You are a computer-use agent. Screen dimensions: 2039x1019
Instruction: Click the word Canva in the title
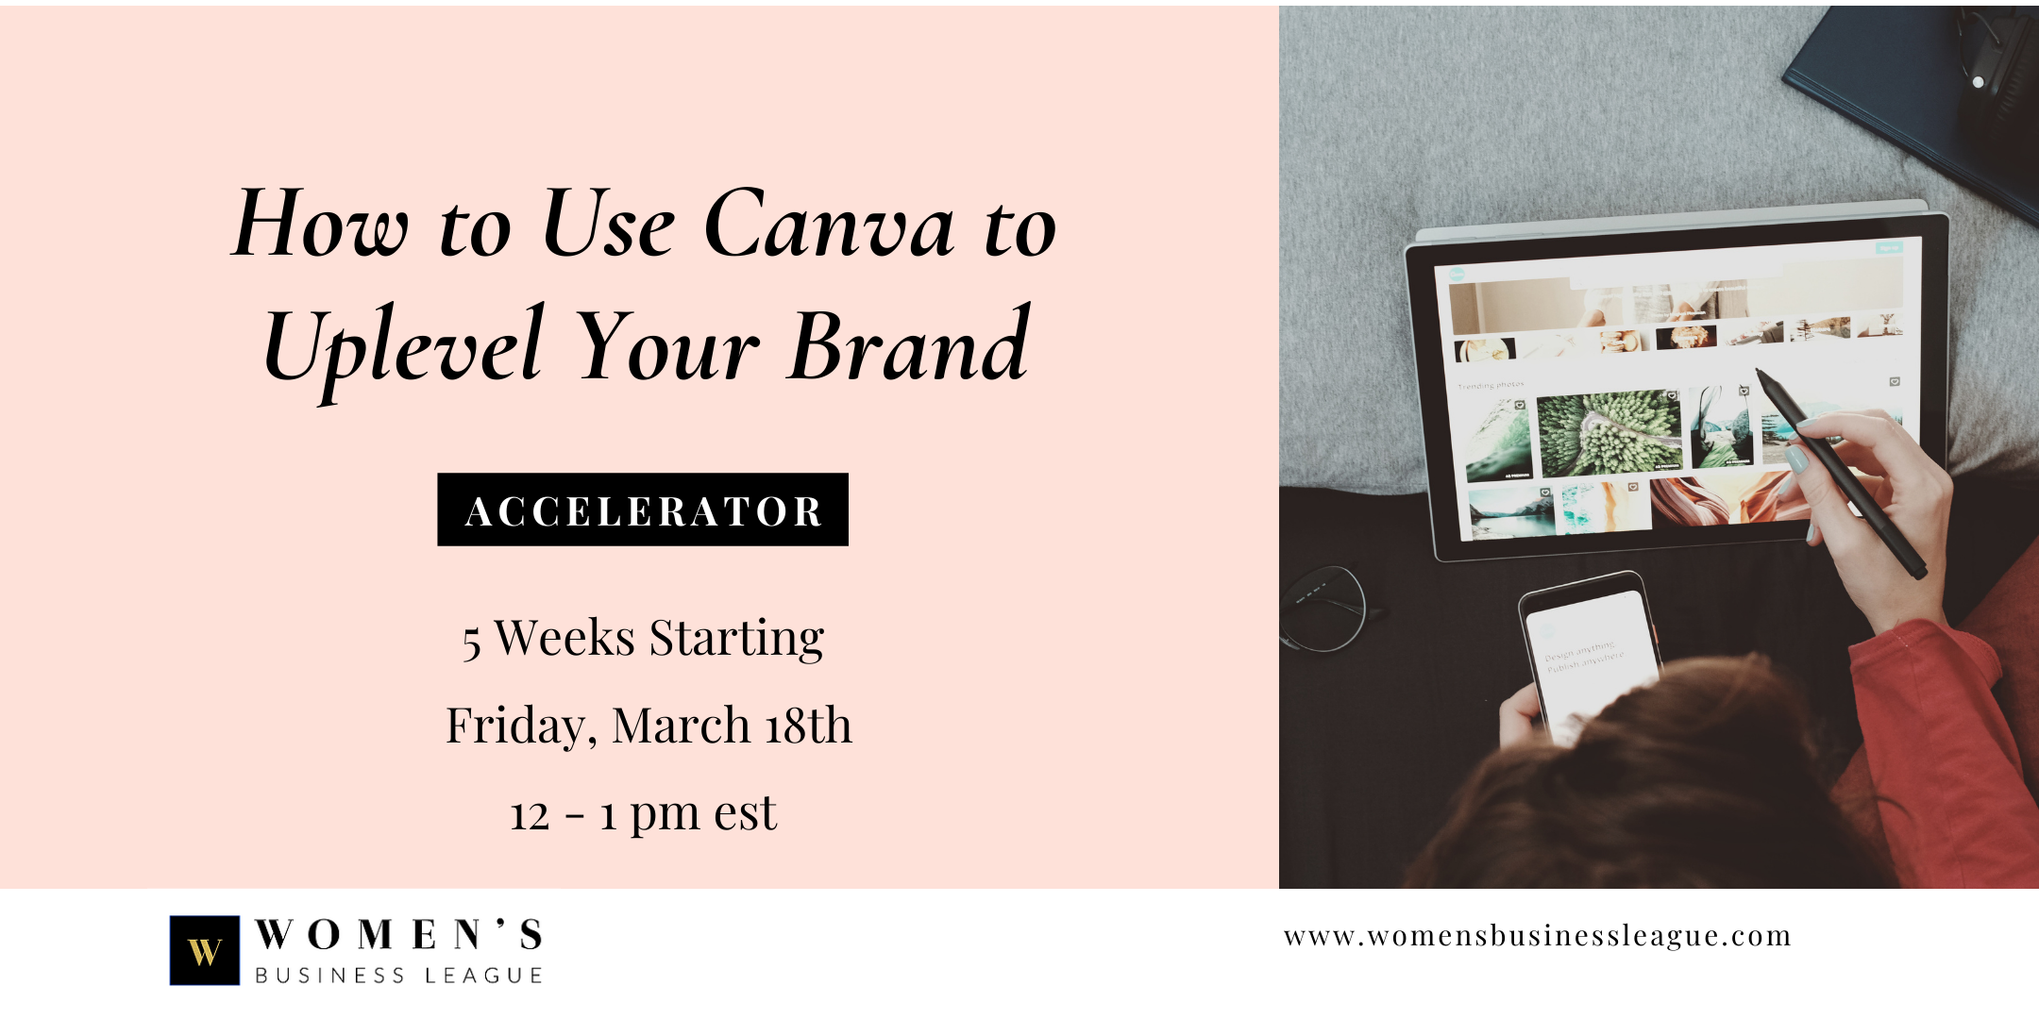(x=828, y=224)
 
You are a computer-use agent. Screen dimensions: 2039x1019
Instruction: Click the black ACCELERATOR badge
(x=643, y=509)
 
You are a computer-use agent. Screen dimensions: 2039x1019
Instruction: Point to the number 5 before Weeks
(x=471, y=643)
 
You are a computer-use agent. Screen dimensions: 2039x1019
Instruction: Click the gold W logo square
(x=204, y=950)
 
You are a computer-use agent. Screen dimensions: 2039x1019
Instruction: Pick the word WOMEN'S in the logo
(x=398, y=934)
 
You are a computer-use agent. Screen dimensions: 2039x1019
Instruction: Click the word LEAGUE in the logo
(x=483, y=976)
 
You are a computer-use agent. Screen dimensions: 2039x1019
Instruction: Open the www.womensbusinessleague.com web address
(x=1538, y=936)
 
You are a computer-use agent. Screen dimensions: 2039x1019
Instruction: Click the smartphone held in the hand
(x=1592, y=655)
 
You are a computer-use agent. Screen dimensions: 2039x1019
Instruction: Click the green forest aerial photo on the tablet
(x=1609, y=432)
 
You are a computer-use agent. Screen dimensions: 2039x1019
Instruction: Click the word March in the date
(x=681, y=725)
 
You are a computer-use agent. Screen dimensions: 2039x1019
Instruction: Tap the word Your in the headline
(x=667, y=347)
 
